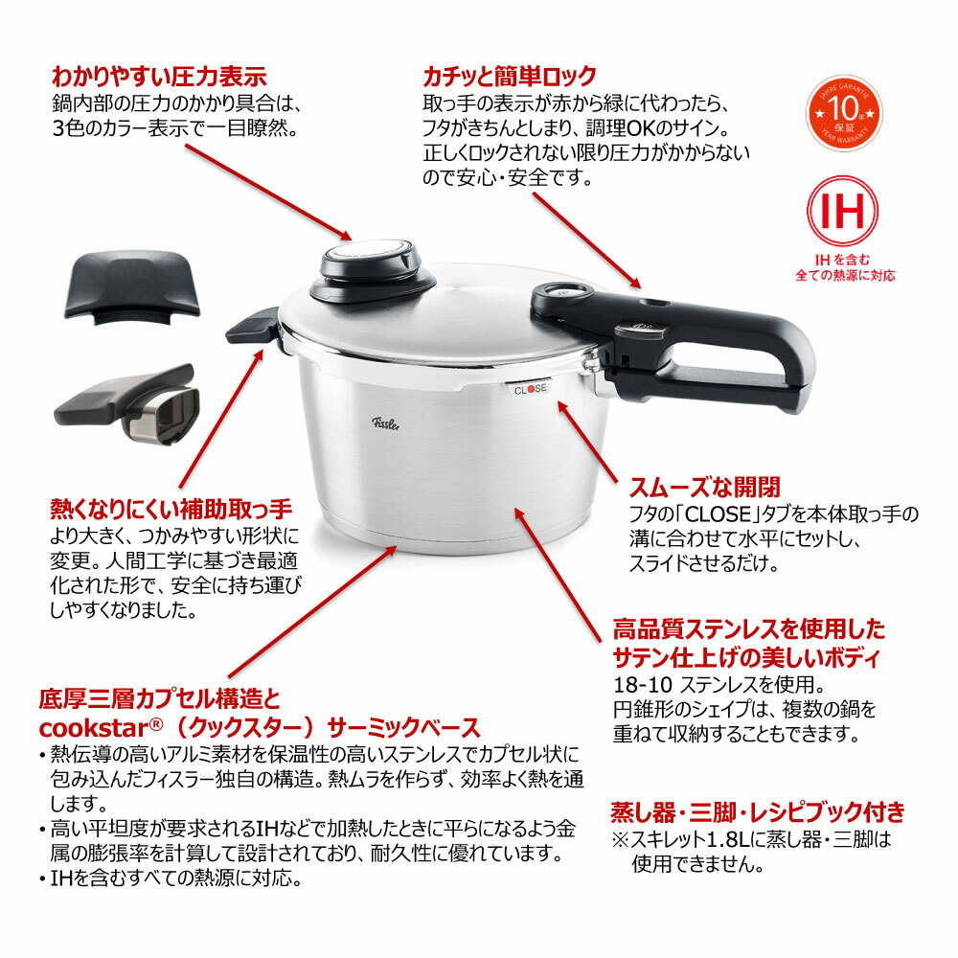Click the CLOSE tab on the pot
tap(530, 390)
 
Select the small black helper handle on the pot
tap(251, 327)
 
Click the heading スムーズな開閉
tap(704, 486)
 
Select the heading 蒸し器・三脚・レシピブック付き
tap(758, 813)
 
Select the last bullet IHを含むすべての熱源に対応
tap(177, 878)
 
